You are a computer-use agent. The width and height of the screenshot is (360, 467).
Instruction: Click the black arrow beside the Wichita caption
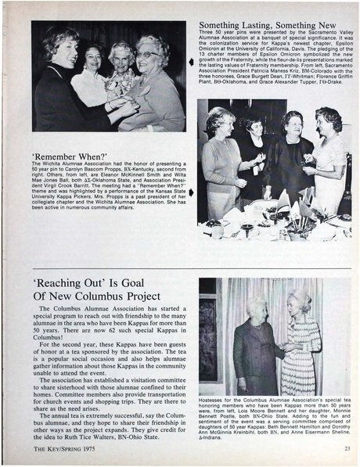click(192, 190)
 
